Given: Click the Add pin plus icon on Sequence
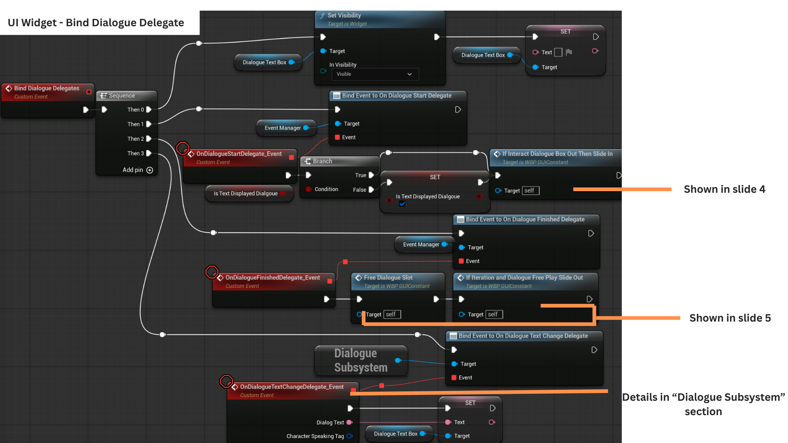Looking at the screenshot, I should (x=150, y=170).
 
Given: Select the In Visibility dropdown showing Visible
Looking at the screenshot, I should (x=375, y=74).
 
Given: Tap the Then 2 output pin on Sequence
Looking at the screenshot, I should (x=149, y=139).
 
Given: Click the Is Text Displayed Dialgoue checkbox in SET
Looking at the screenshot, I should (x=402, y=204).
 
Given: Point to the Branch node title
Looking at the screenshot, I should (x=322, y=161).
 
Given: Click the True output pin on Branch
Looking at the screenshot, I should (x=371, y=175).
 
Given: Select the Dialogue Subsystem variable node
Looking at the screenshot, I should (x=360, y=360).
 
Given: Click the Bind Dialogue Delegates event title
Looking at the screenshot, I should (x=46, y=88).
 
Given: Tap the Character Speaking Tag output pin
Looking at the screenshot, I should (x=350, y=436).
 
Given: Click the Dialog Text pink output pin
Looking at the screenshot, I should (x=349, y=422).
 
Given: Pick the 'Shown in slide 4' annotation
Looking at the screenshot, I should (x=724, y=189).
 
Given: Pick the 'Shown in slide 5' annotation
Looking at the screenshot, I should (x=730, y=318).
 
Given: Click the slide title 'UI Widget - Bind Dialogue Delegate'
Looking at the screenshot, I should (x=96, y=23).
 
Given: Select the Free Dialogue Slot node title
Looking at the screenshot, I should (x=388, y=278).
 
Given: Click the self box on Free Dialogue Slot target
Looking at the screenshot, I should (x=392, y=315).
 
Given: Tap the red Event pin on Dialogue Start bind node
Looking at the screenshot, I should (x=337, y=137).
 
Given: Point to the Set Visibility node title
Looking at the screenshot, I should (x=344, y=16).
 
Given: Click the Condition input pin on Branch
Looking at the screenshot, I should (x=308, y=189).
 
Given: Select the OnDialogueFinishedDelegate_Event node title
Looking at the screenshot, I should (x=273, y=278).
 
